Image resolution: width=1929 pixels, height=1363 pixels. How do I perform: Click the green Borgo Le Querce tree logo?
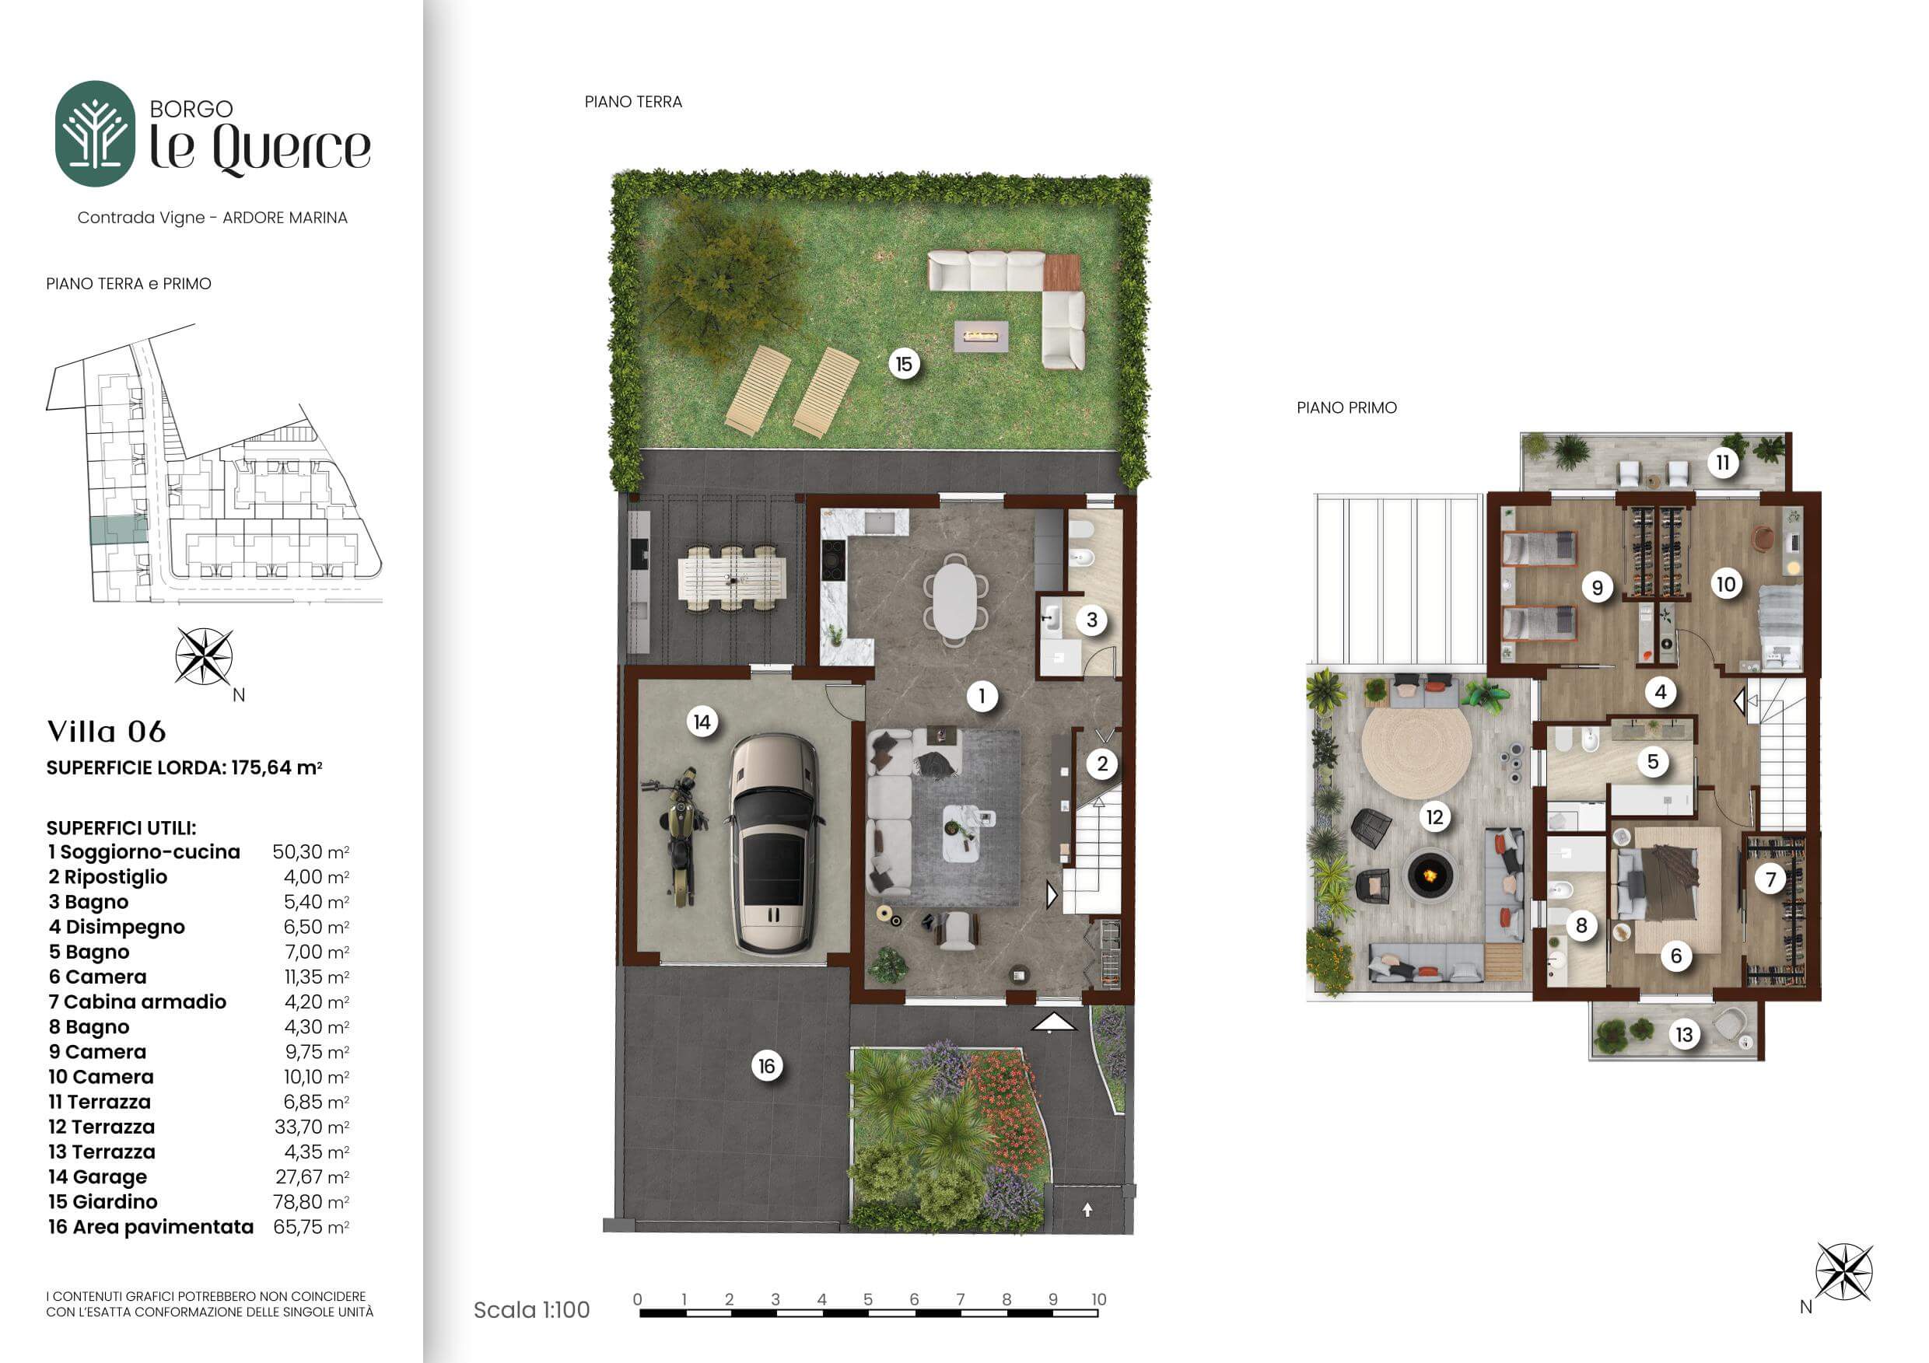point(95,134)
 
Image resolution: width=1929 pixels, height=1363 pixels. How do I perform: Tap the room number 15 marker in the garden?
point(904,365)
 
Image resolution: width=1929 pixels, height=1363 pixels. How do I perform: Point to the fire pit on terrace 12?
point(1429,876)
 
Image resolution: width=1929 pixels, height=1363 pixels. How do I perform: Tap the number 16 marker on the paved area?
point(766,1067)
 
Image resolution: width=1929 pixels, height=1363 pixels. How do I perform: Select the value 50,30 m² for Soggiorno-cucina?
point(311,851)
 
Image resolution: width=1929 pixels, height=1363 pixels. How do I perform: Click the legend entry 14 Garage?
point(97,1177)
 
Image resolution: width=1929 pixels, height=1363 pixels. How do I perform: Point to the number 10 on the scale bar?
point(1098,1299)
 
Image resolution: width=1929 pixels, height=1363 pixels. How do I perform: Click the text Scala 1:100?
point(532,1310)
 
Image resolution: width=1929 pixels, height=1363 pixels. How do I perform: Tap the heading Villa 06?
point(107,732)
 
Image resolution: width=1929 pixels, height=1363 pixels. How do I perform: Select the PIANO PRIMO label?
point(1346,408)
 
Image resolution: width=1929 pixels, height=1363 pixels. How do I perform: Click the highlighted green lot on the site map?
point(118,530)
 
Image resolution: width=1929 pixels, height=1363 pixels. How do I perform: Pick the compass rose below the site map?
point(204,657)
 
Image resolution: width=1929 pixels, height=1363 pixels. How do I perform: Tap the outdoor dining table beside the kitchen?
point(732,578)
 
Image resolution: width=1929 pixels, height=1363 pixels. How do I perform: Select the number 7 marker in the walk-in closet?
point(1771,880)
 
